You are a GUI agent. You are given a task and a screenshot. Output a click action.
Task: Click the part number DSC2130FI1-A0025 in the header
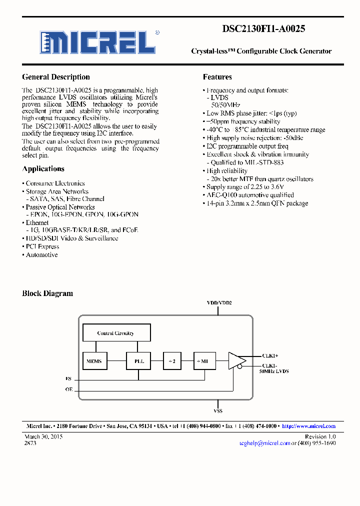(263, 29)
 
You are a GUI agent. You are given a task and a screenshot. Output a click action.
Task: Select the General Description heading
(56, 77)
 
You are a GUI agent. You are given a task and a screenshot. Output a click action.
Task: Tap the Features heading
(217, 77)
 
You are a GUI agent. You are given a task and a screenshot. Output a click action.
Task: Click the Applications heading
(43, 169)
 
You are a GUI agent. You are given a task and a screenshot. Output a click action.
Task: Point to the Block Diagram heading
(47, 293)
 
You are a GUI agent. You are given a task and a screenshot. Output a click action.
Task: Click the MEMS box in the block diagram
(94, 360)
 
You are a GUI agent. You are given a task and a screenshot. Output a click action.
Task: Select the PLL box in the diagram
(139, 360)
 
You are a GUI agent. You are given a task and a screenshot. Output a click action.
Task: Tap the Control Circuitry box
(115, 333)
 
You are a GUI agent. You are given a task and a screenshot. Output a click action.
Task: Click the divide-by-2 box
(172, 360)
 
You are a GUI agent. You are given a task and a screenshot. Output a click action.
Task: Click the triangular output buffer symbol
(236, 360)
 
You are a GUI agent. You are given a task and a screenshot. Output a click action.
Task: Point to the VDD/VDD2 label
(219, 303)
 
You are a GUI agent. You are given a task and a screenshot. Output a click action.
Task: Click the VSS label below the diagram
(218, 410)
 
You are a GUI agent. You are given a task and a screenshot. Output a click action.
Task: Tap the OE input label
(68, 388)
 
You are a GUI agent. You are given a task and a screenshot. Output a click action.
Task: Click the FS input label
(68, 379)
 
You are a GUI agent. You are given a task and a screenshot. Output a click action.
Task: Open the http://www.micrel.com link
(308, 426)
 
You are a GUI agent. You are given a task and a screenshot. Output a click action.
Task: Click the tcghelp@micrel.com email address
(264, 443)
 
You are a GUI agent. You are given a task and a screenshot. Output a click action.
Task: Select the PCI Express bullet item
(42, 246)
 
